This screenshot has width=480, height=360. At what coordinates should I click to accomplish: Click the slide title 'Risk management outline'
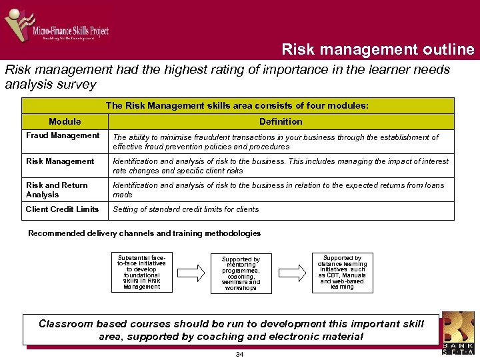pyautogui.click(x=377, y=50)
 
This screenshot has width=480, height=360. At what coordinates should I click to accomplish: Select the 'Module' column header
pyautogui.click(x=65, y=121)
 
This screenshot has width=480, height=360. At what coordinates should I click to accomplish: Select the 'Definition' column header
pyautogui.click(x=281, y=121)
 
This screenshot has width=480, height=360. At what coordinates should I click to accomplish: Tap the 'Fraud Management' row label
pyautogui.click(x=63, y=136)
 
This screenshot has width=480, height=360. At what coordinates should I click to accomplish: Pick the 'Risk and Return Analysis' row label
pyautogui.click(x=57, y=190)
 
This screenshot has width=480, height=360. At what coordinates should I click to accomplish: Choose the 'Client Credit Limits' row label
pyautogui.click(x=62, y=209)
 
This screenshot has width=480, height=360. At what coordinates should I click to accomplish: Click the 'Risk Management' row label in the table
pyautogui.click(x=60, y=161)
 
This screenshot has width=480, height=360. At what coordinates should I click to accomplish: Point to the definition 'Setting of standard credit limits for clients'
pyautogui.click(x=186, y=209)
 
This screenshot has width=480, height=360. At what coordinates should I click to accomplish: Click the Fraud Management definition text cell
pyautogui.click(x=276, y=142)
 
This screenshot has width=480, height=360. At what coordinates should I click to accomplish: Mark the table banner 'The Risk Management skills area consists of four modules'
pyautogui.click(x=237, y=106)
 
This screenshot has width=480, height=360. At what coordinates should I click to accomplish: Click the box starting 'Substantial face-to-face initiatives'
pyautogui.click(x=141, y=272)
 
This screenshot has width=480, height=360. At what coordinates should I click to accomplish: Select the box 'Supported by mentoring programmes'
pyautogui.click(x=241, y=273)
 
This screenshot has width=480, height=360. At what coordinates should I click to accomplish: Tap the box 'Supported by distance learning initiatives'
pyautogui.click(x=342, y=272)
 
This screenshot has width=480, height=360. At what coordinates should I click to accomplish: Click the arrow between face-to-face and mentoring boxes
pyautogui.click(x=191, y=273)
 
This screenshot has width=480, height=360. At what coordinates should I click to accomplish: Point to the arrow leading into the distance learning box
pyautogui.click(x=291, y=273)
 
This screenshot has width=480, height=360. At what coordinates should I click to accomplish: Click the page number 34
pyautogui.click(x=239, y=354)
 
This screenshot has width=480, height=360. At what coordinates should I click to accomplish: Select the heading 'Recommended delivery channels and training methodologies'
pyautogui.click(x=144, y=233)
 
